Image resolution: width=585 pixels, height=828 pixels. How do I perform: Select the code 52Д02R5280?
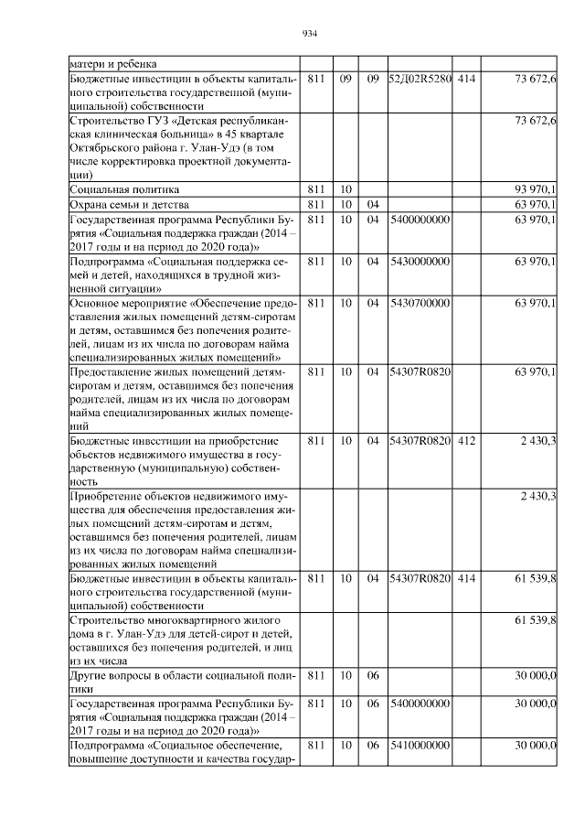420,80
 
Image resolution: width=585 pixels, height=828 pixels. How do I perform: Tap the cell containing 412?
466,441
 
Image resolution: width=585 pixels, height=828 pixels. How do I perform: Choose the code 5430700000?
420,303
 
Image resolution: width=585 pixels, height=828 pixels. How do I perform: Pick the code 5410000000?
420,747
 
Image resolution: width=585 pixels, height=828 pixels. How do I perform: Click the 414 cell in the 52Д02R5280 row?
466,80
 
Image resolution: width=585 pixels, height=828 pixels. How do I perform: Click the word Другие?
90,676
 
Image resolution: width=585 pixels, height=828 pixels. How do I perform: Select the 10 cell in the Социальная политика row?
346,188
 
